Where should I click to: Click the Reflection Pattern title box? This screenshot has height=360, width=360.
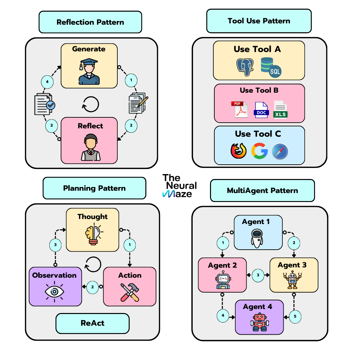[90, 22]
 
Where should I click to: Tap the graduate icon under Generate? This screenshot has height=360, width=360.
[89, 71]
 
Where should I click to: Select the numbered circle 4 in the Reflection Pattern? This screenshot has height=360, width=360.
[47, 82]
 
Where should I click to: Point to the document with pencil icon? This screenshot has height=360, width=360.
[138, 103]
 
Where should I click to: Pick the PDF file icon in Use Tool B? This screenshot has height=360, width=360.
[239, 109]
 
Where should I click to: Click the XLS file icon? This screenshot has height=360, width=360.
[280, 109]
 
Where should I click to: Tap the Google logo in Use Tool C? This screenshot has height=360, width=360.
[259, 151]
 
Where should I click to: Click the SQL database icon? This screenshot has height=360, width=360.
[271, 67]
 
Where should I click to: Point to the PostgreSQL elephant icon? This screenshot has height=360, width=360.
[246, 67]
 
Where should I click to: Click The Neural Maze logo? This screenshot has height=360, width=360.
[179, 186]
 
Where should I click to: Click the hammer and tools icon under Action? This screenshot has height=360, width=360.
[130, 292]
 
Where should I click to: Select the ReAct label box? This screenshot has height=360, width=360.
[92, 323]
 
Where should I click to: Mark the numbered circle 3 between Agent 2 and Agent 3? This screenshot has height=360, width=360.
[258, 275]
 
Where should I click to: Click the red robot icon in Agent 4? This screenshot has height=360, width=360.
[259, 322]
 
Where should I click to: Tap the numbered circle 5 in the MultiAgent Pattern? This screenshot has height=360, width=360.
[295, 316]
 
